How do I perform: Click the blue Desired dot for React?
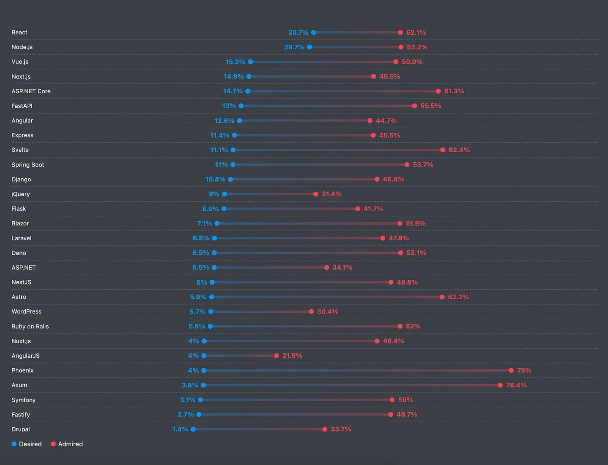(x=314, y=33)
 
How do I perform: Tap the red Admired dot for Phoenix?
(x=511, y=370)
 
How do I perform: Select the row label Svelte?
(x=20, y=150)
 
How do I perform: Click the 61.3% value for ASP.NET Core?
(x=454, y=91)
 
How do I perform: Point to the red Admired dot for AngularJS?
(x=277, y=356)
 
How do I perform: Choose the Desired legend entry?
(x=26, y=444)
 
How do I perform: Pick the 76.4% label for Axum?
(x=516, y=385)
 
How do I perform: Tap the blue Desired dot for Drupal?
(x=193, y=429)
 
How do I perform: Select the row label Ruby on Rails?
(x=30, y=327)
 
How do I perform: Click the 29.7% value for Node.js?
(x=294, y=47)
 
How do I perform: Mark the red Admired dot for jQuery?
(x=316, y=194)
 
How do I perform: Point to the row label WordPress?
(x=26, y=312)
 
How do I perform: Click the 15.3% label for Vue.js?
(x=235, y=62)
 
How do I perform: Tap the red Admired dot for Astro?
(x=442, y=297)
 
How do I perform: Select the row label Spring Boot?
(x=28, y=165)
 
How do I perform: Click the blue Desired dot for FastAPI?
(x=241, y=106)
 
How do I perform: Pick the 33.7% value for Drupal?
(x=340, y=429)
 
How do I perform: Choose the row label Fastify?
(x=21, y=415)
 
